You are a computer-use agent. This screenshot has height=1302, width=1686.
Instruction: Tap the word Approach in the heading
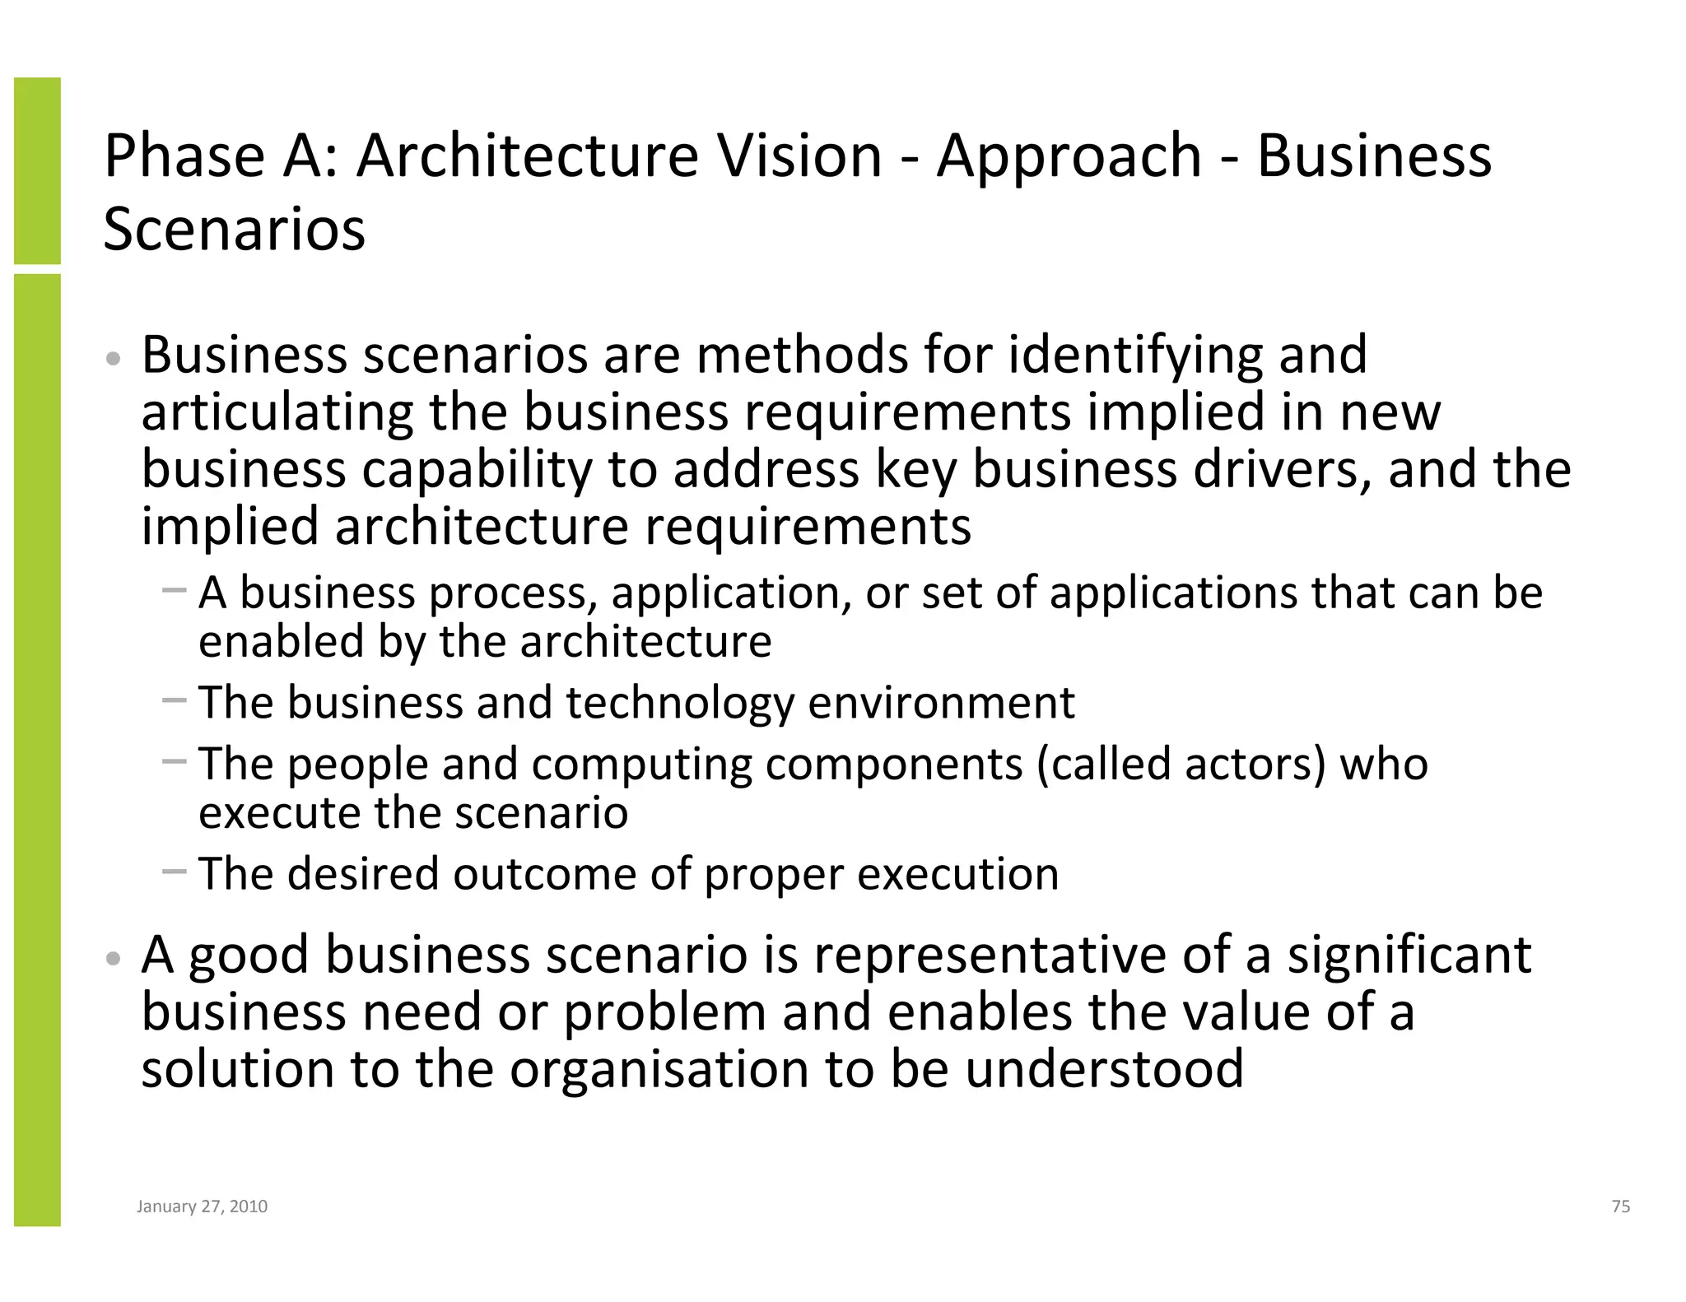tap(1069, 156)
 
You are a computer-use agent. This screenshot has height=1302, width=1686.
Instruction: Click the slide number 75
tap(1620, 1207)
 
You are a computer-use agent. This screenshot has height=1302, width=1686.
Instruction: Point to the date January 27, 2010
tap(202, 1207)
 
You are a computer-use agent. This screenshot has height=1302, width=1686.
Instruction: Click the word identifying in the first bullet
tap(1135, 355)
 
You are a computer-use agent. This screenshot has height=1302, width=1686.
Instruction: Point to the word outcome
tap(544, 873)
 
